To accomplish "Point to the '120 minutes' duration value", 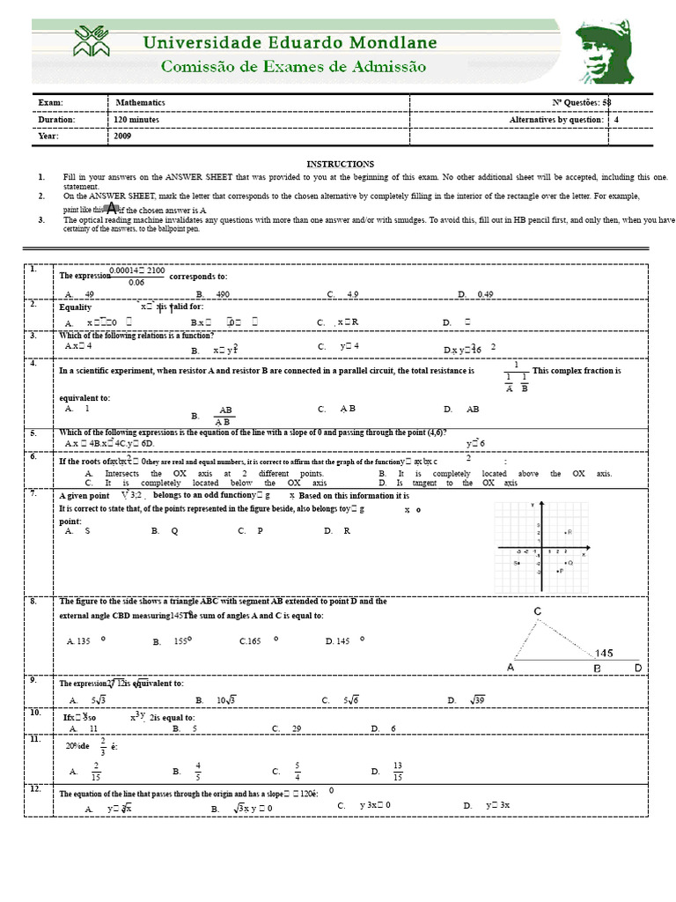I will (x=137, y=120).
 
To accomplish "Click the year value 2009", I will (x=122, y=137).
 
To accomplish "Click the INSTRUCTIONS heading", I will (x=340, y=164).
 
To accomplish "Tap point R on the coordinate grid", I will (x=569, y=532).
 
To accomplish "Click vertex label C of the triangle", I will (x=537, y=610).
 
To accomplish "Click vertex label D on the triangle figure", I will (x=638, y=669).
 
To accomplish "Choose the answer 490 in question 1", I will (x=222, y=293).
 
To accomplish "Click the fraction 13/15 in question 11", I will (x=398, y=772).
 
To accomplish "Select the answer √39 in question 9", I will (x=477, y=700).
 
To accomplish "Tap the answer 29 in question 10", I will (x=296, y=728).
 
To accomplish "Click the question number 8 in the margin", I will (x=33, y=601).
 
